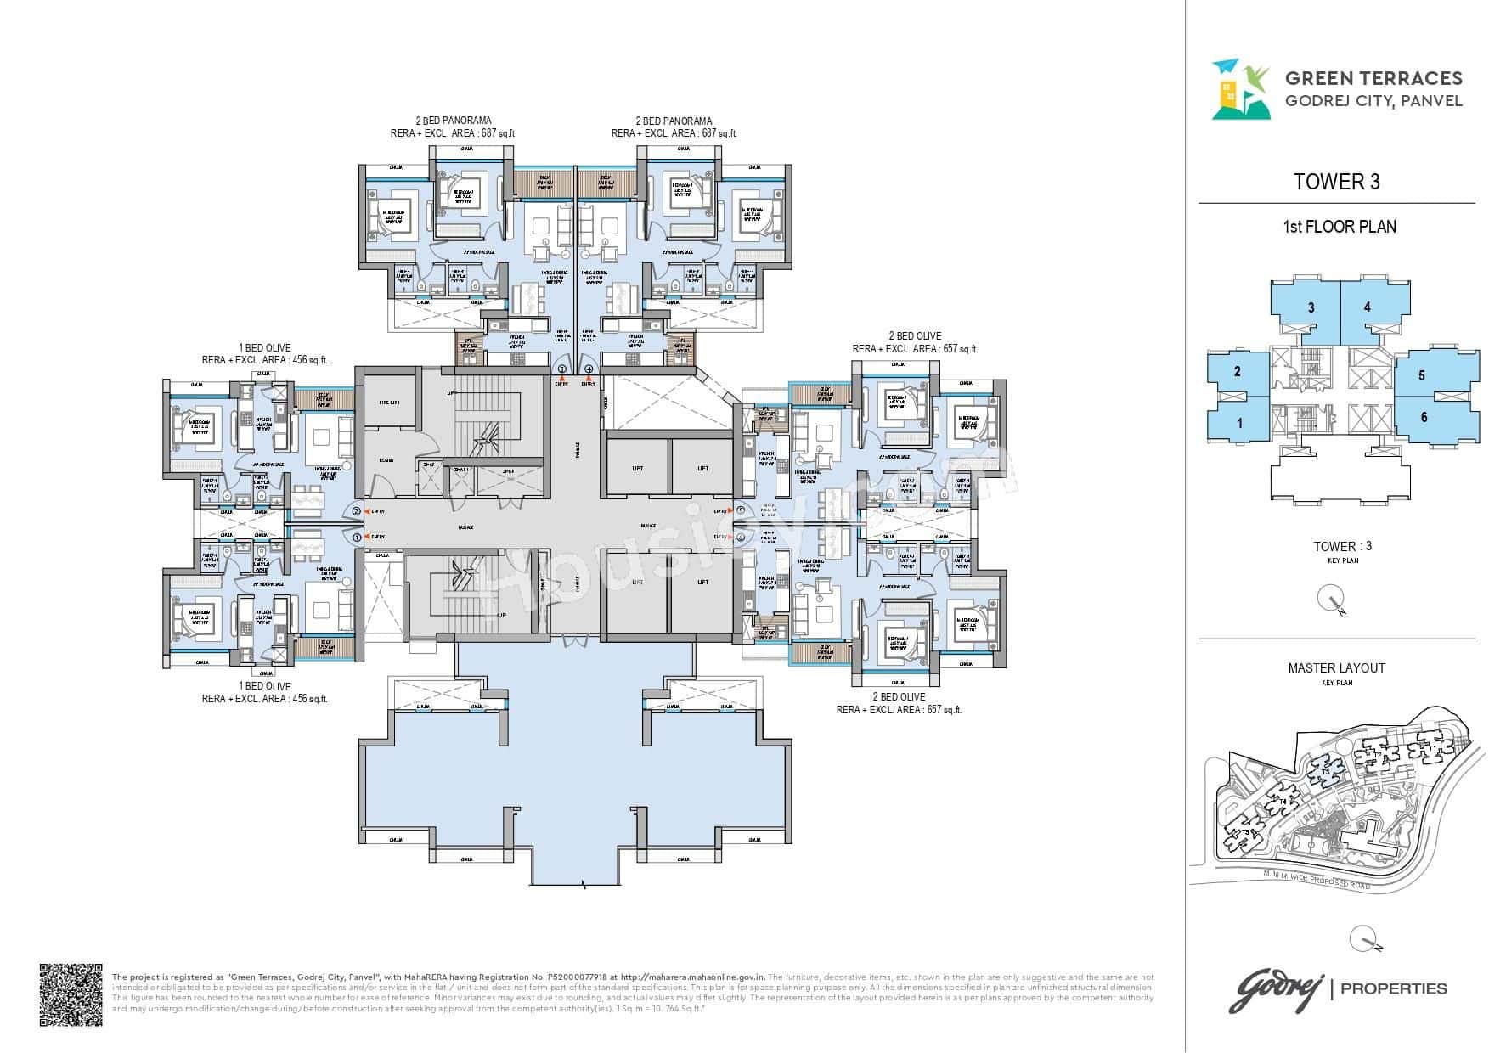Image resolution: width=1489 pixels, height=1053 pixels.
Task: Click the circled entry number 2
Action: pyautogui.click(x=357, y=511)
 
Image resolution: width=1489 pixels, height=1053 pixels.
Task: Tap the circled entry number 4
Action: pyautogui.click(x=589, y=369)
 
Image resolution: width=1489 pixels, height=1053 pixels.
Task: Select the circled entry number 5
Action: pyautogui.click(x=742, y=510)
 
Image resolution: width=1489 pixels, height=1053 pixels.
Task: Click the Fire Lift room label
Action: pyautogui.click(x=389, y=403)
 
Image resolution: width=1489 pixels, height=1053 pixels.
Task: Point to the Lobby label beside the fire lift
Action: pyautogui.click(x=386, y=460)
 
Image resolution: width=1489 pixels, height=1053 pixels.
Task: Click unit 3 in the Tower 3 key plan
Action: pyautogui.click(x=1311, y=307)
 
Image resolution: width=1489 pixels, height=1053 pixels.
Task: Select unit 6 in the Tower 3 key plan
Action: pyautogui.click(x=1424, y=417)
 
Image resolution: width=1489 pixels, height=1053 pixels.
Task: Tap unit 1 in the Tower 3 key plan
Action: pyautogui.click(x=1239, y=422)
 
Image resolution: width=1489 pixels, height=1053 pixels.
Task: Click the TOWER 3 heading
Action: pyautogui.click(x=1336, y=182)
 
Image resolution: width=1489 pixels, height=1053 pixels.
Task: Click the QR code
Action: pyautogui.click(x=71, y=994)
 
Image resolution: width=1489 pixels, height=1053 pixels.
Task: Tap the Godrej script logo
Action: pyautogui.click(x=1277, y=988)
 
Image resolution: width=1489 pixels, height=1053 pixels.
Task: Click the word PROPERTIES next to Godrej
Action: pyautogui.click(x=1393, y=988)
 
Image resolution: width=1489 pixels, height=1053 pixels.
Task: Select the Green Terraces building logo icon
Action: pyautogui.click(x=1240, y=88)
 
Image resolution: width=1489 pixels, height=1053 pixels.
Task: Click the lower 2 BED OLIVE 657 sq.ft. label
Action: pyautogui.click(x=899, y=710)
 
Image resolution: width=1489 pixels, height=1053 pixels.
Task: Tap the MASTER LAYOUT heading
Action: pyautogui.click(x=1336, y=668)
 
